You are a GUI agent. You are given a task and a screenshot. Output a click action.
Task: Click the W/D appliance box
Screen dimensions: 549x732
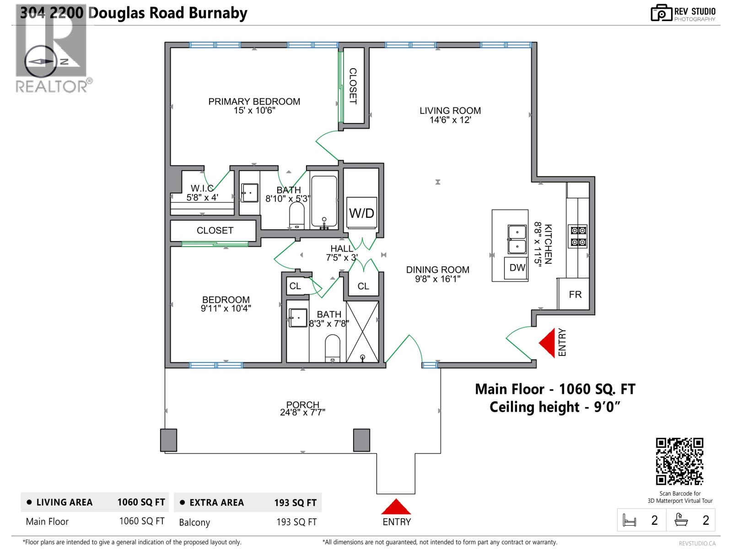pyautogui.click(x=361, y=213)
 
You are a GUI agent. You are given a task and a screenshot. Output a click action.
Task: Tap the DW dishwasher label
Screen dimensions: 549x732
pyautogui.click(x=517, y=268)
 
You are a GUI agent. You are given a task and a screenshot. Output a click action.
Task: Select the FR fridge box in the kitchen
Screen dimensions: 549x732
pyautogui.click(x=575, y=294)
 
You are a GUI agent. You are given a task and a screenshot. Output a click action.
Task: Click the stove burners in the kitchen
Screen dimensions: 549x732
pyautogui.click(x=578, y=236)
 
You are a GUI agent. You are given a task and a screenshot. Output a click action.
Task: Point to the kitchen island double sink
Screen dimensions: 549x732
pyautogui.click(x=517, y=239)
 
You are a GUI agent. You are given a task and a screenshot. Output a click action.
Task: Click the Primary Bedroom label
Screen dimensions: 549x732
pyautogui.click(x=254, y=102)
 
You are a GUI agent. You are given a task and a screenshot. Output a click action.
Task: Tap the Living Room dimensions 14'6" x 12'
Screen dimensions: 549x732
pyautogui.click(x=450, y=120)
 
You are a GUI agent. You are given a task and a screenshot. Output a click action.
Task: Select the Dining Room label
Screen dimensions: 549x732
pyautogui.click(x=437, y=270)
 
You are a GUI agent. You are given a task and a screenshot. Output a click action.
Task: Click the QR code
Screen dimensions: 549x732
pyautogui.click(x=679, y=461)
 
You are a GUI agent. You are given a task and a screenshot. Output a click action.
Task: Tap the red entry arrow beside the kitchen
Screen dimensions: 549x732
pyautogui.click(x=548, y=343)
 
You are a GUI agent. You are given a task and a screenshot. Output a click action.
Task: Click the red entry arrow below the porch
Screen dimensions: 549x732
pyautogui.click(x=396, y=507)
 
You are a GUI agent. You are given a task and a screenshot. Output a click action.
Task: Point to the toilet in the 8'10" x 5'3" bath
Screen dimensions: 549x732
pyautogui.click(x=296, y=215)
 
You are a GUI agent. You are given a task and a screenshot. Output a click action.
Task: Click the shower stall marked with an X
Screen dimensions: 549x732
pyautogui.click(x=362, y=332)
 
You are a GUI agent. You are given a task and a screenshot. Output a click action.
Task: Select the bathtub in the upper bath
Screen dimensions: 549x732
pyautogui.click(x=324, y=201)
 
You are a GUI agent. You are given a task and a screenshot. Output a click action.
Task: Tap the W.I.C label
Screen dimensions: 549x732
pyautogui.click(x=202, y=188)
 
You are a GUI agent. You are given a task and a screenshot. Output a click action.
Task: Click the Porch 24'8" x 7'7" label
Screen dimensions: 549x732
pyautogui.click(x=302, y=409)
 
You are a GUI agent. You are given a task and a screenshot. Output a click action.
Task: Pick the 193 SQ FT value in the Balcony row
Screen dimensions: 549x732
pyautogui.click(x=296, y=522)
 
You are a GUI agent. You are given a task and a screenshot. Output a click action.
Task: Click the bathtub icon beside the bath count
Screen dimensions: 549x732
pyautogui.click(x=682, y=520)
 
